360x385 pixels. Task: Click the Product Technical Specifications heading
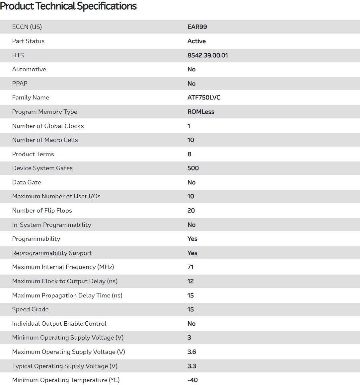coord(68,6)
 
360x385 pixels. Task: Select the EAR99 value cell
coord(197,27)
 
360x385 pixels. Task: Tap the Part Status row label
coord(28,41)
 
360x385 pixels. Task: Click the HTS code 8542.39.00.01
coord(207,55)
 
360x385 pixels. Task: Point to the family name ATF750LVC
coord(204,97)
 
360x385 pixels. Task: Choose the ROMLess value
coord(201,112)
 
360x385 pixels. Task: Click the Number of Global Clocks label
coord(48,126)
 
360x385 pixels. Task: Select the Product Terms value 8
coord(189,154)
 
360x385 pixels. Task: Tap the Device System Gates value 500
coord(193,168)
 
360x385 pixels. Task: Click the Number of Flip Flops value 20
coord(191,211)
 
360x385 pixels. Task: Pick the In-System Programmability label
coord(51,225)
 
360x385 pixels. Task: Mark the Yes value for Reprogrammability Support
coord(192,253)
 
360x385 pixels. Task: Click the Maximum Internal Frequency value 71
coord(190,267)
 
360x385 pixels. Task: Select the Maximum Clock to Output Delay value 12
coord(190,281)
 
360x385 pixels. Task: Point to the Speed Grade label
coord(30,309)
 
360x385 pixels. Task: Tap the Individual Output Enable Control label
coord(59,324)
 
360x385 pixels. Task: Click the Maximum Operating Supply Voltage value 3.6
coord(191,352)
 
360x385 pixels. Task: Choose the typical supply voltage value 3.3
coord(191,366)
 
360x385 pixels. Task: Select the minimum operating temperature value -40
coord(192,380)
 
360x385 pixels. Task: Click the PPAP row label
coord(20,84)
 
